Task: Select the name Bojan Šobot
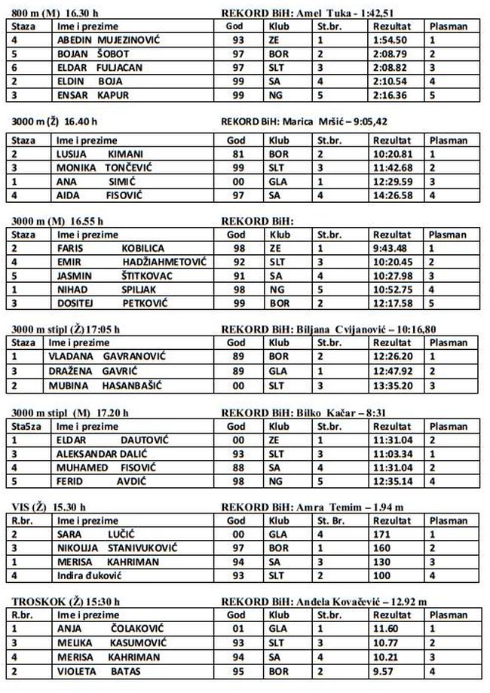pos(97,54)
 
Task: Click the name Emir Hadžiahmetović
pos(131,262)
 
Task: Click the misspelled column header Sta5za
pos(26,425)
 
